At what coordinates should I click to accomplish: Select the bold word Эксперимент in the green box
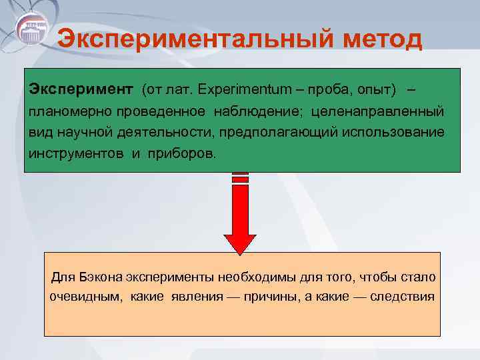click(x=81, y=89)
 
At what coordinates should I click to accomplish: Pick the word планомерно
click(x=62, y=110)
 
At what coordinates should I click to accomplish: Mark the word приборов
click(x=183, y=153)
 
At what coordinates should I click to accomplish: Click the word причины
click(x=275, y=296)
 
